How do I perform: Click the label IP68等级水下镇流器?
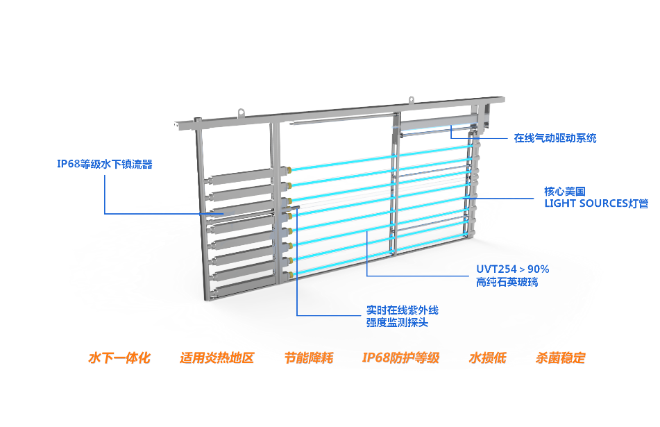[x=104, y=165]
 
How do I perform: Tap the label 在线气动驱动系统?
[x=555, y=138]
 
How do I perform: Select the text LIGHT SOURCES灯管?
[x=596, y=204]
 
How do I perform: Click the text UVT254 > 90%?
[x=512, y=269]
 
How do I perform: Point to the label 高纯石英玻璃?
[x=507, y=282]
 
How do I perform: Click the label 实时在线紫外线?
[x=403, y=310]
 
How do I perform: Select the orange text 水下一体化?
[x=119, y=358]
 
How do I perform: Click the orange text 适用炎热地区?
[x=217, y=358]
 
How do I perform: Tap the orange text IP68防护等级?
[x=400, y=358]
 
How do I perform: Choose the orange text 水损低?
[x=487, y=358]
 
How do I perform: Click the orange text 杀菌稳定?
[x=561, y=358]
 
